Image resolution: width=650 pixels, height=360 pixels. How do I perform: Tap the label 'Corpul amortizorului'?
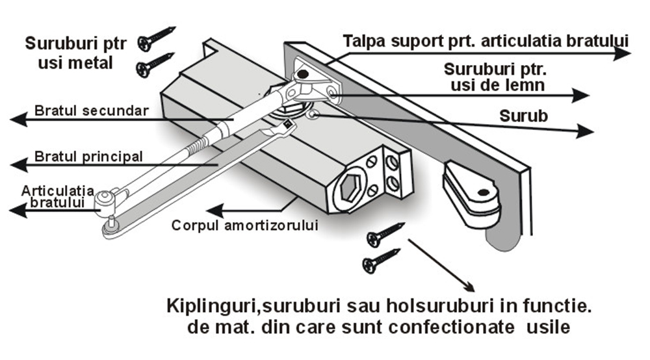(244, 225)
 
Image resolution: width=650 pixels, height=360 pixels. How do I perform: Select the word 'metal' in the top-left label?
(90, 64)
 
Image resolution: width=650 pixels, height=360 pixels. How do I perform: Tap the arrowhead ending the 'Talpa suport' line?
(622, 54)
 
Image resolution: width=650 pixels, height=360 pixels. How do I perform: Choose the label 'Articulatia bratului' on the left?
(53, 196)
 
